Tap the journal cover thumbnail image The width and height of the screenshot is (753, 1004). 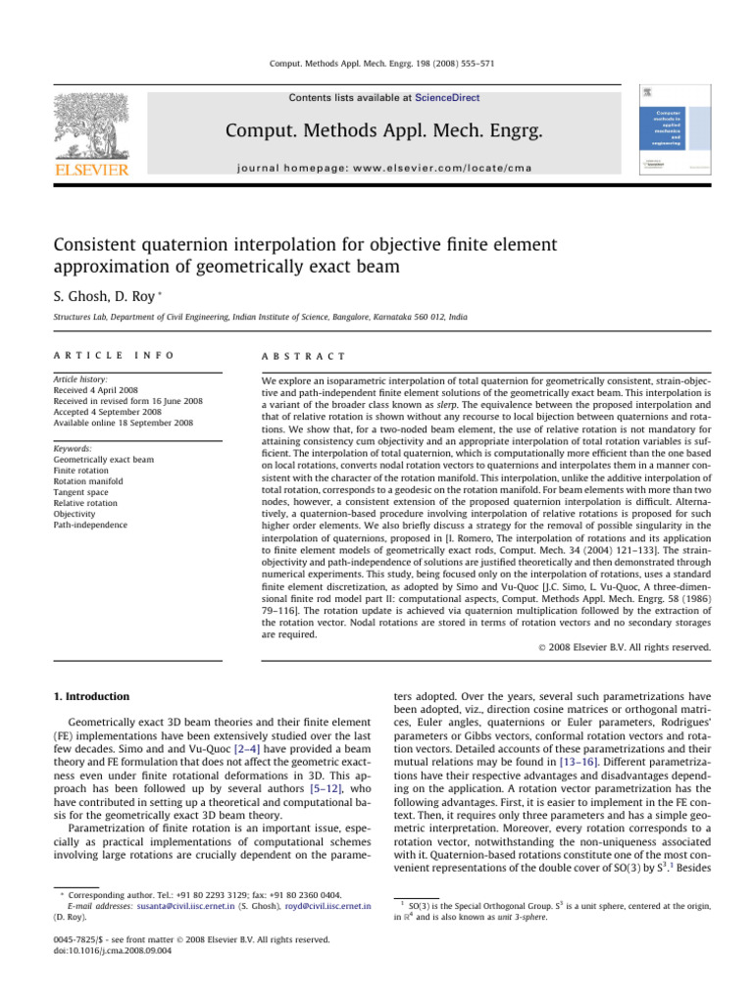[675, 132]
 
